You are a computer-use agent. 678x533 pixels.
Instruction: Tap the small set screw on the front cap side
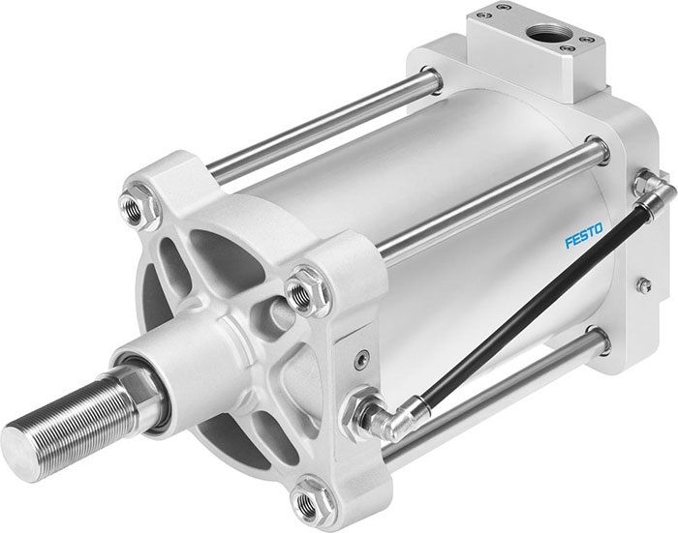click(359, 360)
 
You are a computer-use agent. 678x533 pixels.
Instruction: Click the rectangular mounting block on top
click(523, 48)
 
